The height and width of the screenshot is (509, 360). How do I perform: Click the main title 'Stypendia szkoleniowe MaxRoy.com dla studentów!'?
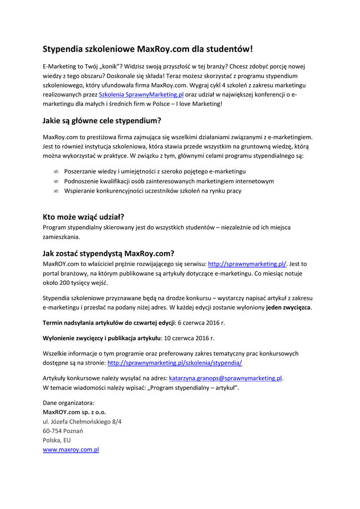pyautogui.click(x=148, y=49)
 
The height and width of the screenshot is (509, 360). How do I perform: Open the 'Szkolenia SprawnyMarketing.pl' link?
pyautogui.click(x=141, y=94)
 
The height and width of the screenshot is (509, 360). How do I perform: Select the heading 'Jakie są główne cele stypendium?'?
pyautogui.click(x=102, y=121)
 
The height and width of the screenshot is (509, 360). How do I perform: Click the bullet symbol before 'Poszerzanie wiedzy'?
pyautogui.click(x=56, y=171)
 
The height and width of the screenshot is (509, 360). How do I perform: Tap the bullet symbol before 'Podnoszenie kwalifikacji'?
pyautogui.click(x=56, y=181)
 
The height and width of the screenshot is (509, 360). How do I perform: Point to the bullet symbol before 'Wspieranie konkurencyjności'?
pyautogui.click(x=56, y=191)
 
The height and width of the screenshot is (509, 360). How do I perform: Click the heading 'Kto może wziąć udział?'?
pyautogui.click(x=83, y=217)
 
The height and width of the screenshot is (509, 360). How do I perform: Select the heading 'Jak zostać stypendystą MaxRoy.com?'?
pyautogui.click(x=108, y=253)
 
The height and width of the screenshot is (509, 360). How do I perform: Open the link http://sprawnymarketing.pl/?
pyautogui.click(x=247, y=263)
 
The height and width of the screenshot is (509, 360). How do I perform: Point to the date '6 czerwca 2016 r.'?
pyautogui.click(x=201, y=323)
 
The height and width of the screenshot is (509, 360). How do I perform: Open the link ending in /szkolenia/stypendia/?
pyautogui.click(x=175, y=363)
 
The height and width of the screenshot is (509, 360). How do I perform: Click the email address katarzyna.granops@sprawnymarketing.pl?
pyautogui.click(x=226, y=378)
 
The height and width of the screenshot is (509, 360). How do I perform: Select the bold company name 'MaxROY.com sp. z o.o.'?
pyautogui.click(x=75, y=412)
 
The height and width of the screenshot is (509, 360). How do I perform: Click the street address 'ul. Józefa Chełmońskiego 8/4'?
pyautogui.click(x=82, y=422)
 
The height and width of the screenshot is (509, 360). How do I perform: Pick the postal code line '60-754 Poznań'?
pyautogui.click(x=63, y=431)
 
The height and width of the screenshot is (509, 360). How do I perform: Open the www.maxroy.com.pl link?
pyautogui.click(x=71, y=450)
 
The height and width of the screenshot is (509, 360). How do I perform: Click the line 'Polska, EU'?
pyautogui.click(x=57, y=440)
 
